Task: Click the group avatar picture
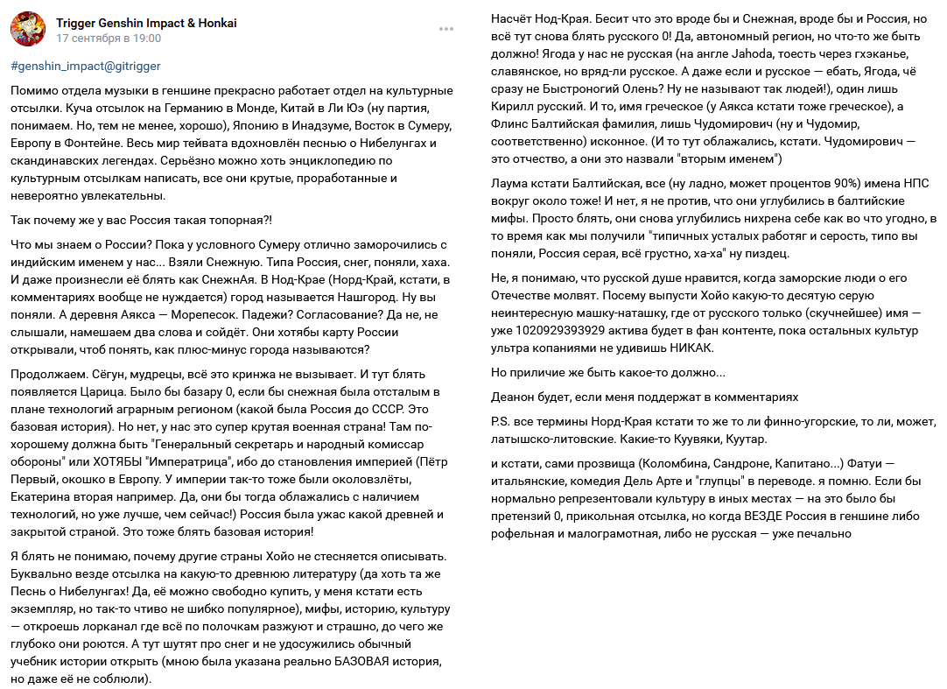point(28,30)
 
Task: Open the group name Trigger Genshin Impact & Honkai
point(146,23)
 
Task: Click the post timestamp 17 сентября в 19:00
point(109,39)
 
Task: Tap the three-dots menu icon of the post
point(446,29)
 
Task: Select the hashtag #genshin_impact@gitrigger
point(86,66)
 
